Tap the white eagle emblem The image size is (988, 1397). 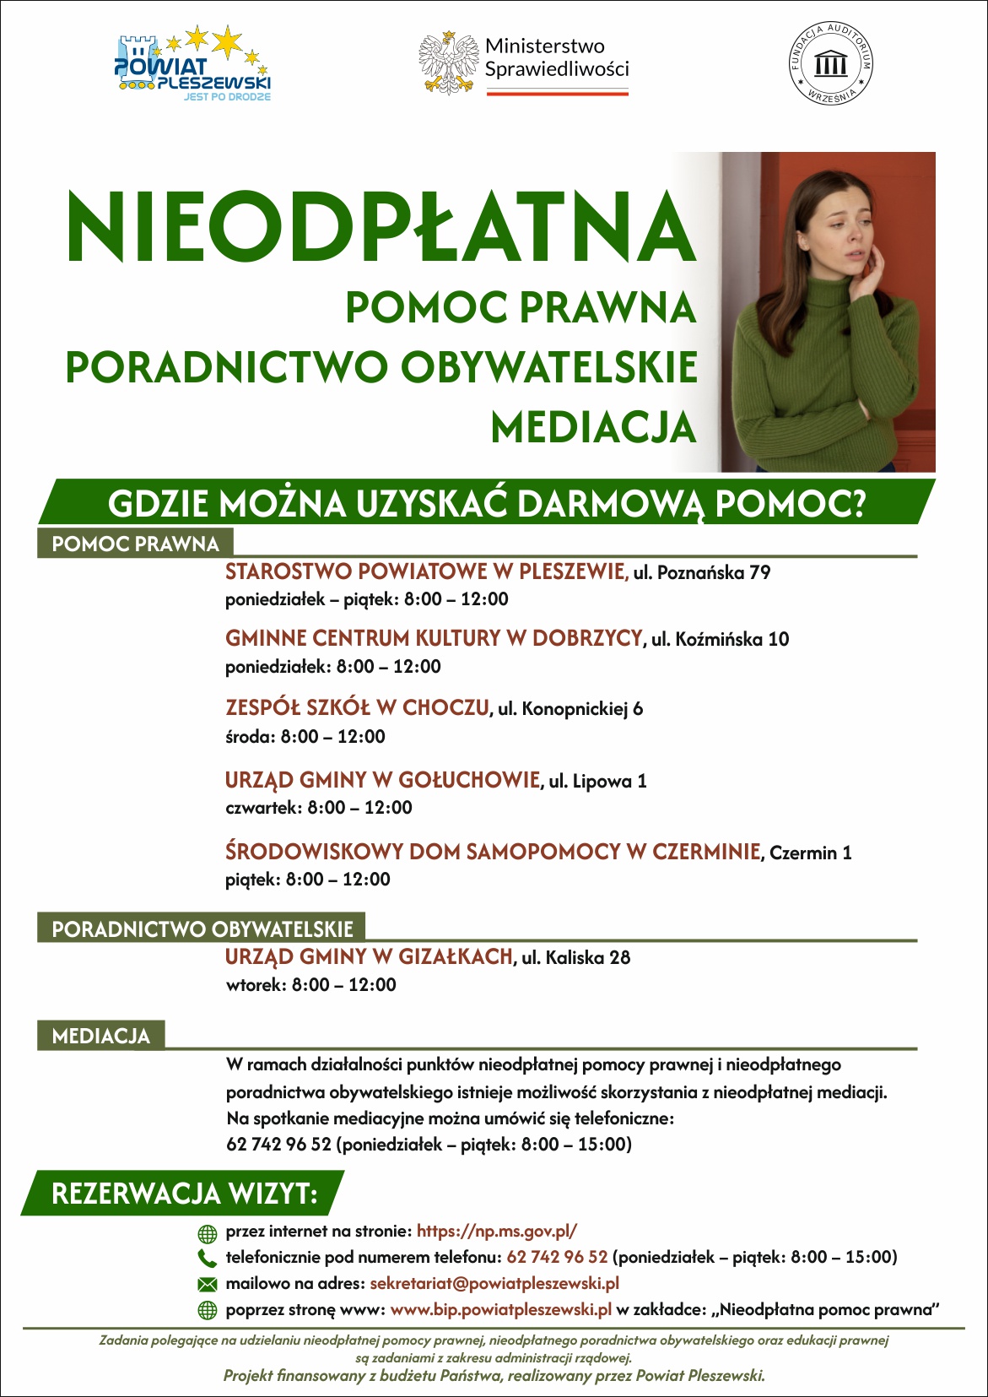point(448,62)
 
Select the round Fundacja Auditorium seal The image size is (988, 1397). point(830,63)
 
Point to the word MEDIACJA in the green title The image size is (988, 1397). point(593,427)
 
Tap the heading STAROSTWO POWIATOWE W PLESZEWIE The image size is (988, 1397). point(426,571)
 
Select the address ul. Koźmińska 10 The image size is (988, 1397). point(720,639)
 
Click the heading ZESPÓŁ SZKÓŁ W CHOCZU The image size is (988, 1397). point(357,707)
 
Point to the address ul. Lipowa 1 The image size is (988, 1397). point(597,781)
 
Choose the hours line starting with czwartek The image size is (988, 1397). point(318,808)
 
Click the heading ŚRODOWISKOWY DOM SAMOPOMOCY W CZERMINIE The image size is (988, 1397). point(493,852)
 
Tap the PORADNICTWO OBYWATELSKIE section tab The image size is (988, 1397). point(202,929)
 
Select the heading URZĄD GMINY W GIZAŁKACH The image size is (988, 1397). point(369,956)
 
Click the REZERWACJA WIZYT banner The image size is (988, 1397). point(184,1194)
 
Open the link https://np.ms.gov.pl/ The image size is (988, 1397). point(497,1231)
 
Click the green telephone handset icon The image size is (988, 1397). point(207,1258)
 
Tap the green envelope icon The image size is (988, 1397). point(207,1284)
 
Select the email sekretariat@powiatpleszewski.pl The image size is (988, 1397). point(494,1283)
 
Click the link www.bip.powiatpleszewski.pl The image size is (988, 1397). point(501,1309)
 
